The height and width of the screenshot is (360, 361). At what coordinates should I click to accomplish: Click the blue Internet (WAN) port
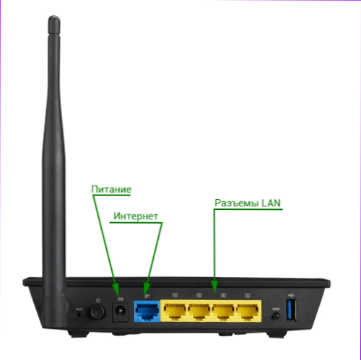point(147,312)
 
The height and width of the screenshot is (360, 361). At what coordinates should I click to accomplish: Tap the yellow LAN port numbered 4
point(175,312)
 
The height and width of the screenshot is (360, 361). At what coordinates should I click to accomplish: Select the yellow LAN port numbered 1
point(248,312)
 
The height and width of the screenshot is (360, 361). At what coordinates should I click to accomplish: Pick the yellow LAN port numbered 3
point(199,312)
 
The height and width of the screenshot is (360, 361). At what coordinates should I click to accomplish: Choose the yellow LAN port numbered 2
point(223,312)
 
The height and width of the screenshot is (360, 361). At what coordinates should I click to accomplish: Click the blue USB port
point(291,309)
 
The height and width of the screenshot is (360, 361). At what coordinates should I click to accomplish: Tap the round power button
point(97,312)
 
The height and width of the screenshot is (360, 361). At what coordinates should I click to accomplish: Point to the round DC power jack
point(120,311)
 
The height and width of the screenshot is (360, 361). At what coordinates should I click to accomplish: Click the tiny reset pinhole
point(79,314)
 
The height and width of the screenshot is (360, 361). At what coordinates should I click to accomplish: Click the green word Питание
point(111,189)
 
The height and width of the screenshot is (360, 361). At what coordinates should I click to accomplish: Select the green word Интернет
point(136,216)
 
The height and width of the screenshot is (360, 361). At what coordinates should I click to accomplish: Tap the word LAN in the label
point(271,203)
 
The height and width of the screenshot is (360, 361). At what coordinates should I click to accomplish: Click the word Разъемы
point(237,203)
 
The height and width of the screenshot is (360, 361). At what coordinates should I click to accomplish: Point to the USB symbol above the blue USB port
point(291,294)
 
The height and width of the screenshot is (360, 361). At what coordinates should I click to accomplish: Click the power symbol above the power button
point(97,300)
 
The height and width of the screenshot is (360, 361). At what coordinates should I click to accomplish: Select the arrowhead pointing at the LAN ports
point(214,286)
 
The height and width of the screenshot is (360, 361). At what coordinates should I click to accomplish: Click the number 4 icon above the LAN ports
point(175,295)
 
